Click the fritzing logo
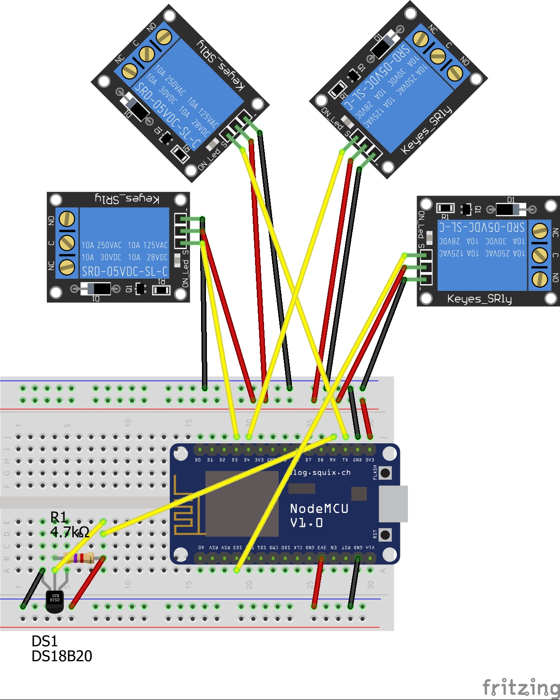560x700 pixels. point(520,688)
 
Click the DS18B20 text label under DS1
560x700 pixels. point(62,656)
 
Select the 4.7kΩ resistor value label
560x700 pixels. point(70,532)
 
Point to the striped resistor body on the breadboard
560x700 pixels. point(78,558)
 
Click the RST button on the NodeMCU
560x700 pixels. point(385,535)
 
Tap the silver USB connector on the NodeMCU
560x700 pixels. point(393,504)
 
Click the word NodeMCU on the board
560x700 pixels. point(319,508)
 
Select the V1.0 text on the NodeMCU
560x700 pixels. point(306,523)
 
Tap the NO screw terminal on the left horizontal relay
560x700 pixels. point(67,219)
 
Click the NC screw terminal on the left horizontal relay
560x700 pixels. point(67,267)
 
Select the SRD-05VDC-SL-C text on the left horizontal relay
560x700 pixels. point(125,272)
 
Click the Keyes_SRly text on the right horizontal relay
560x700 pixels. point(479,299)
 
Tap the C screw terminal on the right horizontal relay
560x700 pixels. point(539,255)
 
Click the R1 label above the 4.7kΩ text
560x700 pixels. point(58,517)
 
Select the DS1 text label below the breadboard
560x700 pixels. point(44,641)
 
